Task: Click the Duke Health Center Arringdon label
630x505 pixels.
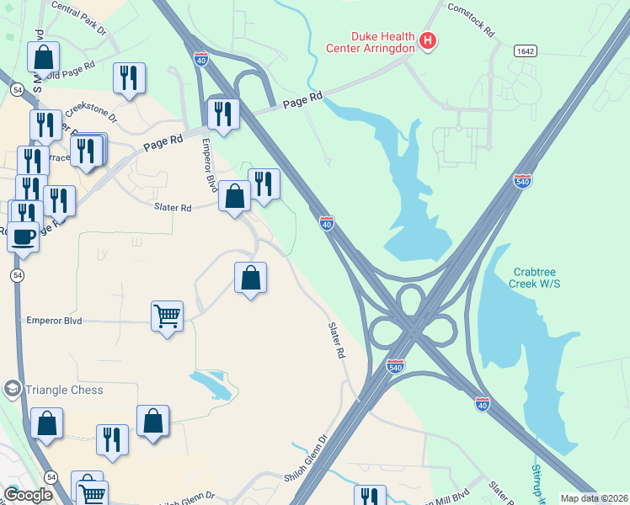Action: pyautogui.click(x=371, y=42)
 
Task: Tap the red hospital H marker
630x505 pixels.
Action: pyautogui.click(x=428, y=40)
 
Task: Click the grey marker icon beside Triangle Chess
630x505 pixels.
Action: pyautogui.click(x=12, y=389)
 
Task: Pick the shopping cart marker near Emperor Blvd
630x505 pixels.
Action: pyautogui.click(x=167, y=316)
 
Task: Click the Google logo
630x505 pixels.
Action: pyautogui.click(x=29, y=494)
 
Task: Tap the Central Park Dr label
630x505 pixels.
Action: pyautogui.click(x=79, y=18)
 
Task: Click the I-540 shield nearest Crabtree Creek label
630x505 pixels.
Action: pyautogui.click(x=522, y=181)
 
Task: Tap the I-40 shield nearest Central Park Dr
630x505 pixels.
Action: pyautogui.click(x=200, y=59)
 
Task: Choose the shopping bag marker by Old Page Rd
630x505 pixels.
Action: pyautogui.click(x=44, y=57)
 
